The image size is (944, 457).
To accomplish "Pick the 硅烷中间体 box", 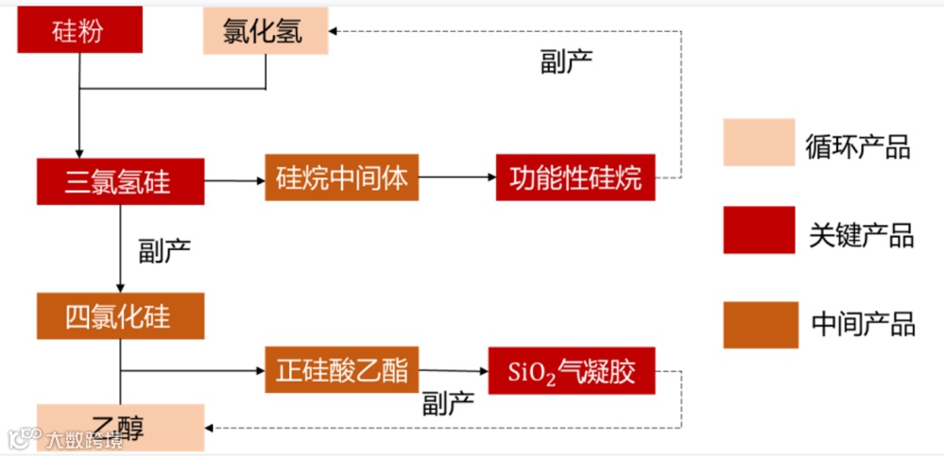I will coord(341,178).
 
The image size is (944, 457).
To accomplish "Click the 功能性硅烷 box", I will coord(575,178).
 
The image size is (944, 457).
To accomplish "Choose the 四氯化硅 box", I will coord(120,315).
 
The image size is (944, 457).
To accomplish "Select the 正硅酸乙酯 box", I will coord(341,369).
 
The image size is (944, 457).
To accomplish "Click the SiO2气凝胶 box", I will coord(571,371).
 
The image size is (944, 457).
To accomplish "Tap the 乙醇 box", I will coord(120,427).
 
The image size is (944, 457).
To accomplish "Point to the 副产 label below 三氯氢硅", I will coord(164,250).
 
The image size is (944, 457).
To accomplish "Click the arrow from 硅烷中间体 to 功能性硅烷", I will coord(457,178).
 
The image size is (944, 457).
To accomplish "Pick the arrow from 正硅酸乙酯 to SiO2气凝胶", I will coord(453,371).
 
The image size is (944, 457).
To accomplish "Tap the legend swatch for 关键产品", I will coord(758,229).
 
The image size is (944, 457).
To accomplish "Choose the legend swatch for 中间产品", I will coord(758,324).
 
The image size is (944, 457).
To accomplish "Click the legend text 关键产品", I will coord(861,234).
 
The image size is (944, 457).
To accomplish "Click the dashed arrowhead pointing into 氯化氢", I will coord(336,31).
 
